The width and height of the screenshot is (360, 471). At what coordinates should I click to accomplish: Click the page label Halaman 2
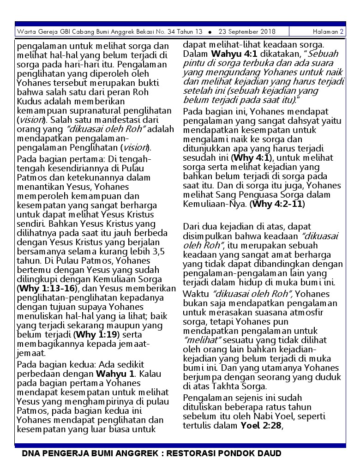pyautogui.click(x=328, y=32)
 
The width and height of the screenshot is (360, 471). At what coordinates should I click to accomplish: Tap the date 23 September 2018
pyautogui.click(x=247, y=32)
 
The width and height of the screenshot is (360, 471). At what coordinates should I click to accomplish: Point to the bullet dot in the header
pyautogui.click(x=210, y=32)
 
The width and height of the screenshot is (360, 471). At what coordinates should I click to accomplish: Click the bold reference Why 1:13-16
pyautogui.click(x=46, y=289)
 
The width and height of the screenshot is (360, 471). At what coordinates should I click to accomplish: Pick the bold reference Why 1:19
pyautogui.click(x=96, y=335)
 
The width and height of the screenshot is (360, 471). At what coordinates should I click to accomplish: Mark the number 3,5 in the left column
pyautogui.click(x=156, y=252)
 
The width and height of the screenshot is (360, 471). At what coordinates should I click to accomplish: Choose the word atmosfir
pyautogui.click(x=314, y=313)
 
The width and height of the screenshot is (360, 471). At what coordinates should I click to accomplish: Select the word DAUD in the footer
pyautogui.click(x=270, y=453)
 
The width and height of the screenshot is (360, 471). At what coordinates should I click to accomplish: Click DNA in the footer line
pyautogui.click(x=30, y=453)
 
